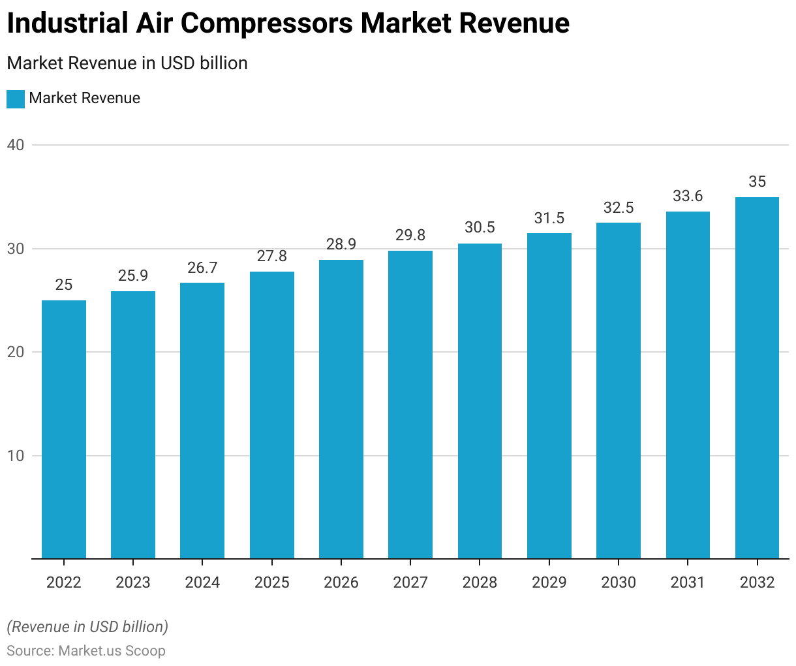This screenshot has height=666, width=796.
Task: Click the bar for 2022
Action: point(64,429)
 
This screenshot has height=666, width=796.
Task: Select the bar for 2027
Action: point(410,404)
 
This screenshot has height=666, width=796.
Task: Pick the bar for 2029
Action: point(549,396)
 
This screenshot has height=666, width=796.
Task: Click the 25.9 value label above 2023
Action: point(133,276)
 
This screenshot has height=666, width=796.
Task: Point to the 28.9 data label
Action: point(341,244)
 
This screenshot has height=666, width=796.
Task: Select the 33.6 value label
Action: point(688,196)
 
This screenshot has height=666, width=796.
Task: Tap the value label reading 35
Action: point(757,182)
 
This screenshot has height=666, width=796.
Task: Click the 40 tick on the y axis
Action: point(16,145)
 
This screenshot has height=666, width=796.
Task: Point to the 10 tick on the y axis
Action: point(16,456)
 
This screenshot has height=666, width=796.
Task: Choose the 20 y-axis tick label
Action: point(16,352)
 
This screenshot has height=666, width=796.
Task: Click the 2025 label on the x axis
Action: point(272,582)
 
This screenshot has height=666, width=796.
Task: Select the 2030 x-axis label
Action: point(619,582)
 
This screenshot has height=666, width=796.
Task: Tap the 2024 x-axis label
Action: point(202,582)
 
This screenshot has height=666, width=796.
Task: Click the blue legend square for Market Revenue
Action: point(16,99)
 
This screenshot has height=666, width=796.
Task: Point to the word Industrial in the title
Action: point(68,24)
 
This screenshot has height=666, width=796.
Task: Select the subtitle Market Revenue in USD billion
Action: point(127,63)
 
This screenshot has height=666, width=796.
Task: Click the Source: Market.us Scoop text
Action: point(86,651)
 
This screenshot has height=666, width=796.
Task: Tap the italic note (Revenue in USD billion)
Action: point(87,627)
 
